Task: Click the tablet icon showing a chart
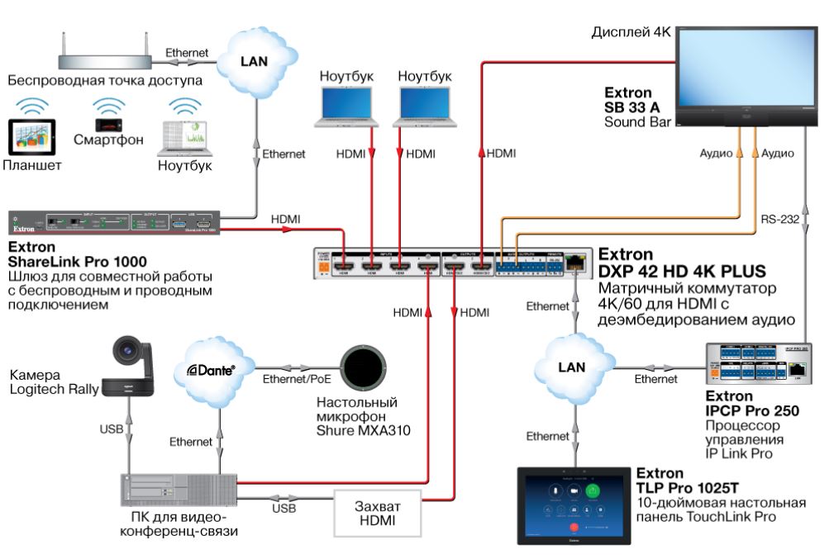point(31,136)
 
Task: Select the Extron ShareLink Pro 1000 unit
point(115,225)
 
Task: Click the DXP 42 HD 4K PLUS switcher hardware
point(450,262)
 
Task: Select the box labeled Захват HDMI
point(376,513)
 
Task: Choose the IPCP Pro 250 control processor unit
point(757,363)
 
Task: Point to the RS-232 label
point(779,219)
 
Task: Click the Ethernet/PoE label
point(294,381)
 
